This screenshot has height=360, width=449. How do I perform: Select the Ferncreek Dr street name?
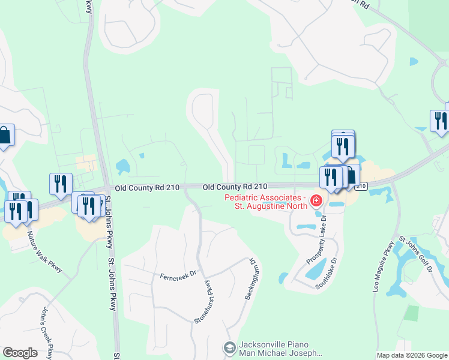click(178, 275)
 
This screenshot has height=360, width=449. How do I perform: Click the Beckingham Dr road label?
click(248, 279)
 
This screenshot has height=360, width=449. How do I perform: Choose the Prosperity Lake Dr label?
click(316, 240)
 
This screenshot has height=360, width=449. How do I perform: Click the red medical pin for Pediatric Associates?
click(315, 201)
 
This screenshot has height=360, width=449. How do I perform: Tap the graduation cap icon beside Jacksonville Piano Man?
click(229, 348)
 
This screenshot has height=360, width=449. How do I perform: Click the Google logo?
click(20, 353)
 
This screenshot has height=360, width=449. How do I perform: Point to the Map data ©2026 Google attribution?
click(411, 355)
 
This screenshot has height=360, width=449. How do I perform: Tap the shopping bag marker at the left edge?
click(4, 136)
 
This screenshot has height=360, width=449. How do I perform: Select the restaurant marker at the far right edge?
click(440, 120)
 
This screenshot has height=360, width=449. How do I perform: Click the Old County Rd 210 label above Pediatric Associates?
click(235, 188)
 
